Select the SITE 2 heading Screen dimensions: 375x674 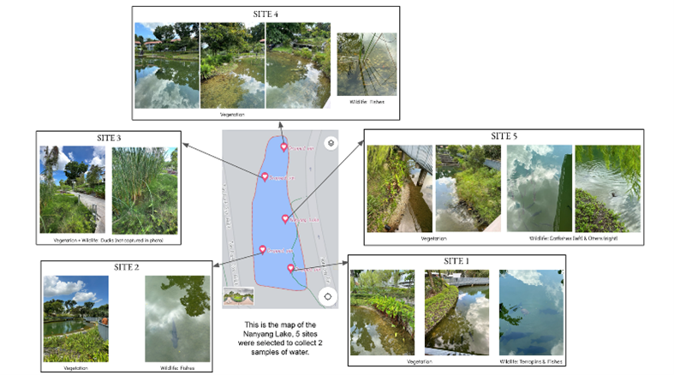click(x=125, y=267)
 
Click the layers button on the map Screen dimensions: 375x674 click(x=331, y=144)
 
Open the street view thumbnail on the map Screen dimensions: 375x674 click(x=237, y=297)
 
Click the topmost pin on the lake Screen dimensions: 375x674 click(x=284, y=147)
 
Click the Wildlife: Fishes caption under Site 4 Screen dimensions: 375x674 click(x=366, y=101)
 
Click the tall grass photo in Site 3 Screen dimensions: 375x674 click(x=145, y=191)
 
